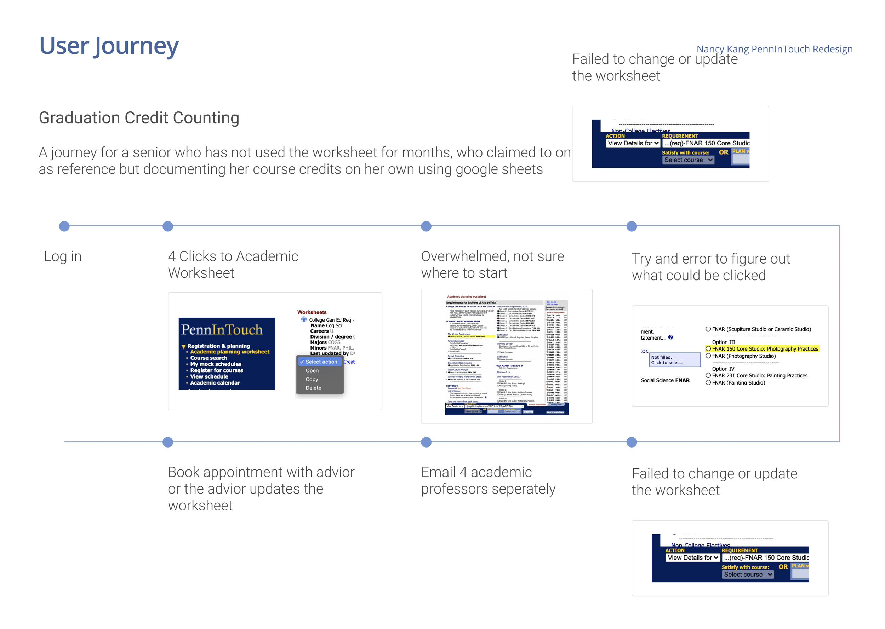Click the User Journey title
coord(109,46)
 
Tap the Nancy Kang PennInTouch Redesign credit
coord(774,49)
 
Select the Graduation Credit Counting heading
coord(139,118)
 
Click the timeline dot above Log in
coord(64,226)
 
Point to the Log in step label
coord(63,256)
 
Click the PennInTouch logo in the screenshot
coord(222,330)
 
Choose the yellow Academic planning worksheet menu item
coord(229,352)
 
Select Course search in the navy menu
coord(209,358)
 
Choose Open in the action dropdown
coord(312,371)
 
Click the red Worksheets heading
coord(312,312)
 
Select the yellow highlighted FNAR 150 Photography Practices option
coord(765,349)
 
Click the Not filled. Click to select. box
coord(675,360)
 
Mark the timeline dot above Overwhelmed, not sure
coord(426,226)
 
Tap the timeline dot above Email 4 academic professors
coord(426,442)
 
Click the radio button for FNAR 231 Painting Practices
coord(708,375)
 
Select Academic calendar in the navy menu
coord(215,383)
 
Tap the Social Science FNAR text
coord(665,380)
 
